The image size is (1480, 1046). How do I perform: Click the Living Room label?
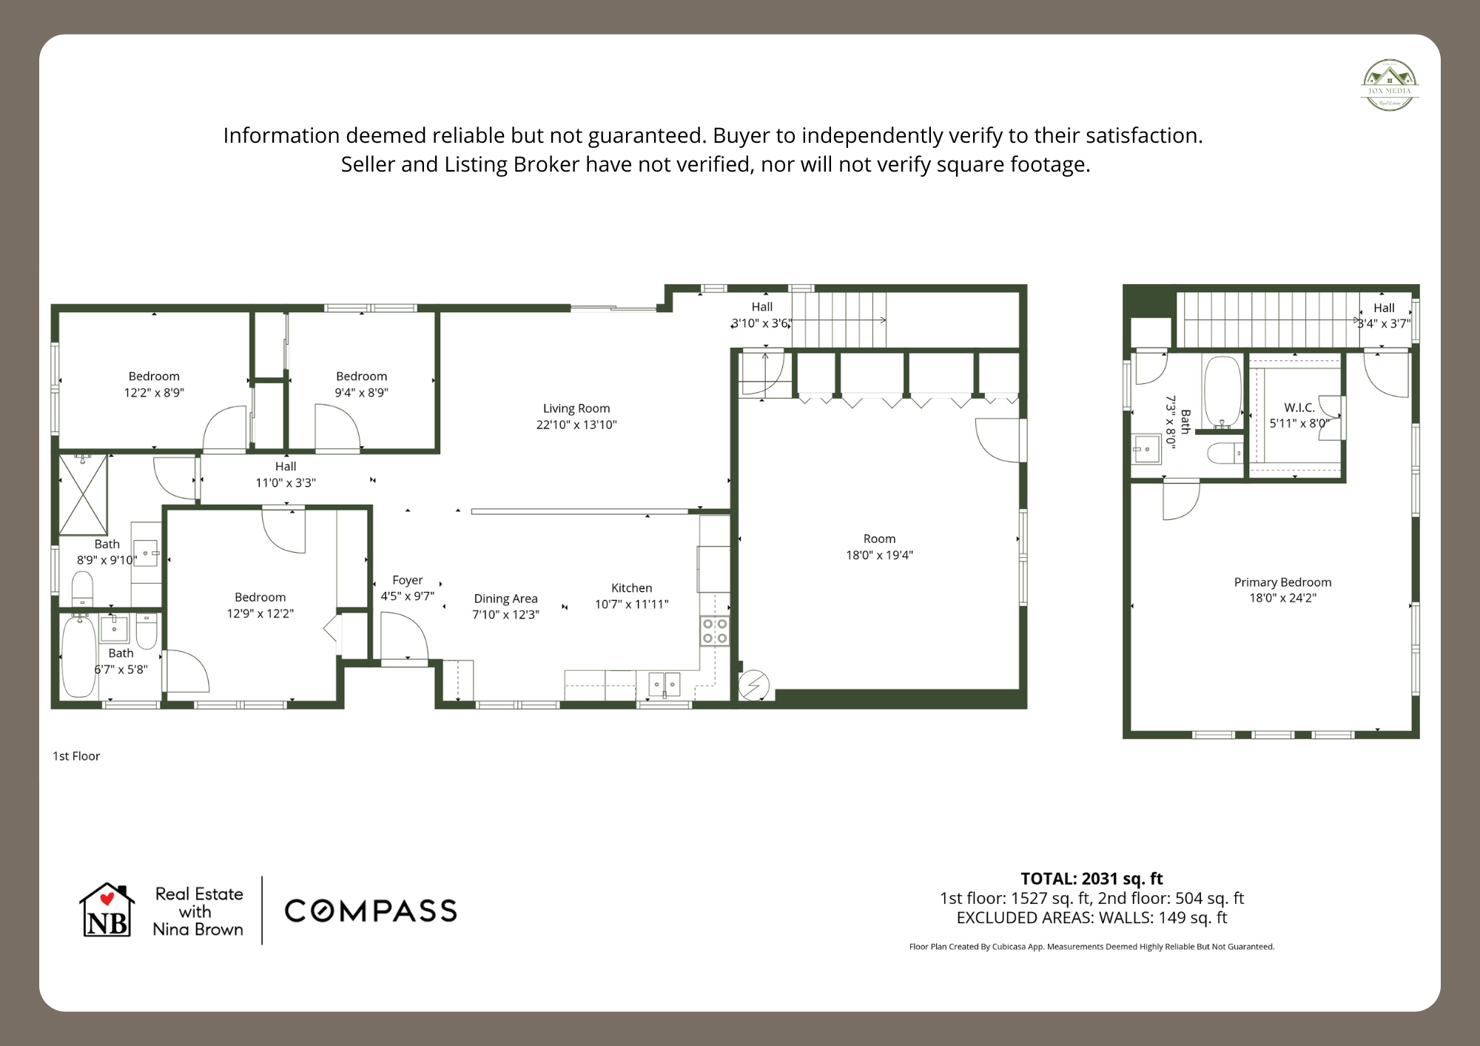pos(576,408)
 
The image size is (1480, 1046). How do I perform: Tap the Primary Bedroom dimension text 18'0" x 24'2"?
pos(1282,598)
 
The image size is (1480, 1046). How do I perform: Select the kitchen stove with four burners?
pos(715,631)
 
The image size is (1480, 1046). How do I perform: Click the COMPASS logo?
pos(371,911)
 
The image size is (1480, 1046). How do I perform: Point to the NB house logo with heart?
pos(107,911)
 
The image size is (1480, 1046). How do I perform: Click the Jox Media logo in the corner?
pos(1390,85)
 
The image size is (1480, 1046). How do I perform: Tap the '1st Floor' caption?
pos(76,756)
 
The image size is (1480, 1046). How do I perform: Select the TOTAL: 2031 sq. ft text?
pos(1091,879)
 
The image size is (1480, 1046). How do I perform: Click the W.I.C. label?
pos(1299,408)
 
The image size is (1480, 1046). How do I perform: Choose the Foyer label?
pos(408,580)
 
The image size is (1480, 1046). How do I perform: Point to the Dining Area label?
pos(505,598)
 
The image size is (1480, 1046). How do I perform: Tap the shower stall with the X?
pos(84,495)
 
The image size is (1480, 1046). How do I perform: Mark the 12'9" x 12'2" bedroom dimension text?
pos(260,613)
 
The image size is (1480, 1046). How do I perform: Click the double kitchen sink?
pos(664,684)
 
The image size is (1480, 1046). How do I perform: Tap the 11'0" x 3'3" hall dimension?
pos(286,483)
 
